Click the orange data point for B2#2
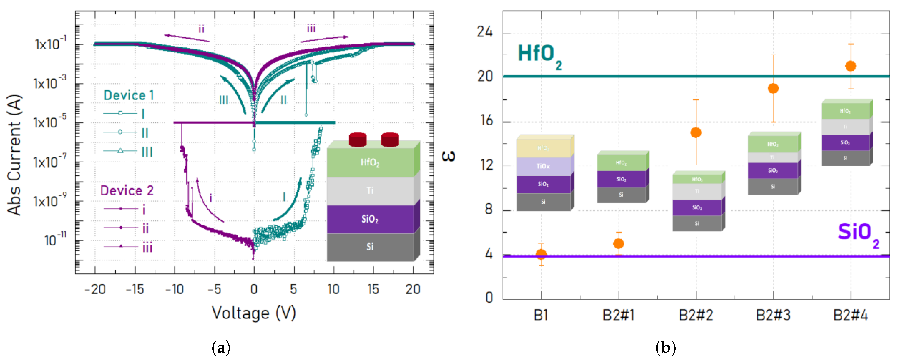coord(696,132)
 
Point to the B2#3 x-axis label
coord(773,315)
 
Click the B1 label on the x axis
coord(541,315)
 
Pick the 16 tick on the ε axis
coord(485,121)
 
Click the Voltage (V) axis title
coord(254,313)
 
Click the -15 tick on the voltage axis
coord(135,289)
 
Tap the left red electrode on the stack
coord(358,139)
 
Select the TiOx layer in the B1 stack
coord(543,166)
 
